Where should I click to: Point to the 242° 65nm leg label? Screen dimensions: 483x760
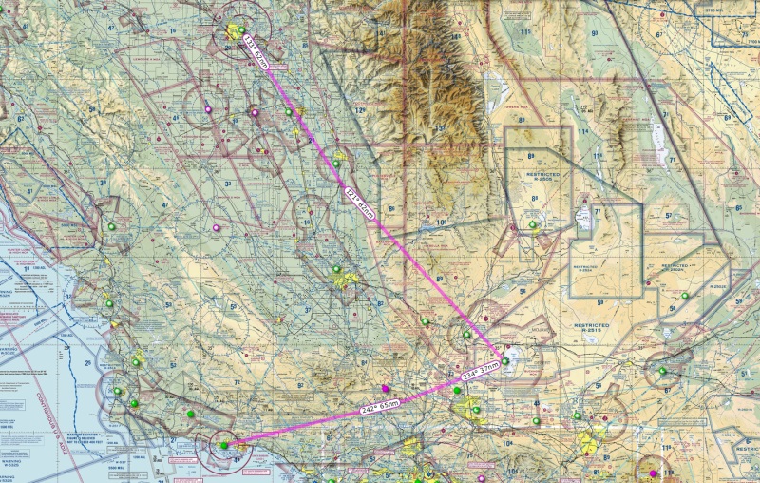pyautogui.click(x=381, y=405)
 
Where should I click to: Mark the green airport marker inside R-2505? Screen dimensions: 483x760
pyautogui.click(x=533, y=225)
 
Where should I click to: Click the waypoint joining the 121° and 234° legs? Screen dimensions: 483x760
pyautogui.click(x=504, y=360)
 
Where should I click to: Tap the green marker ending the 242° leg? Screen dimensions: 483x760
pyautogui.click(x=224, y=444)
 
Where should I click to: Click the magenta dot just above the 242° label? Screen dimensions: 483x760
pyautogui.click(x=385, y=389)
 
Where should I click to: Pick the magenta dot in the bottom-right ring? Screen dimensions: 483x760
pyautogui.click(x=652, y=473)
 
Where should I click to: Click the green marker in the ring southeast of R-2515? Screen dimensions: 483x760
pyautogui.click(x=662, y=370)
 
